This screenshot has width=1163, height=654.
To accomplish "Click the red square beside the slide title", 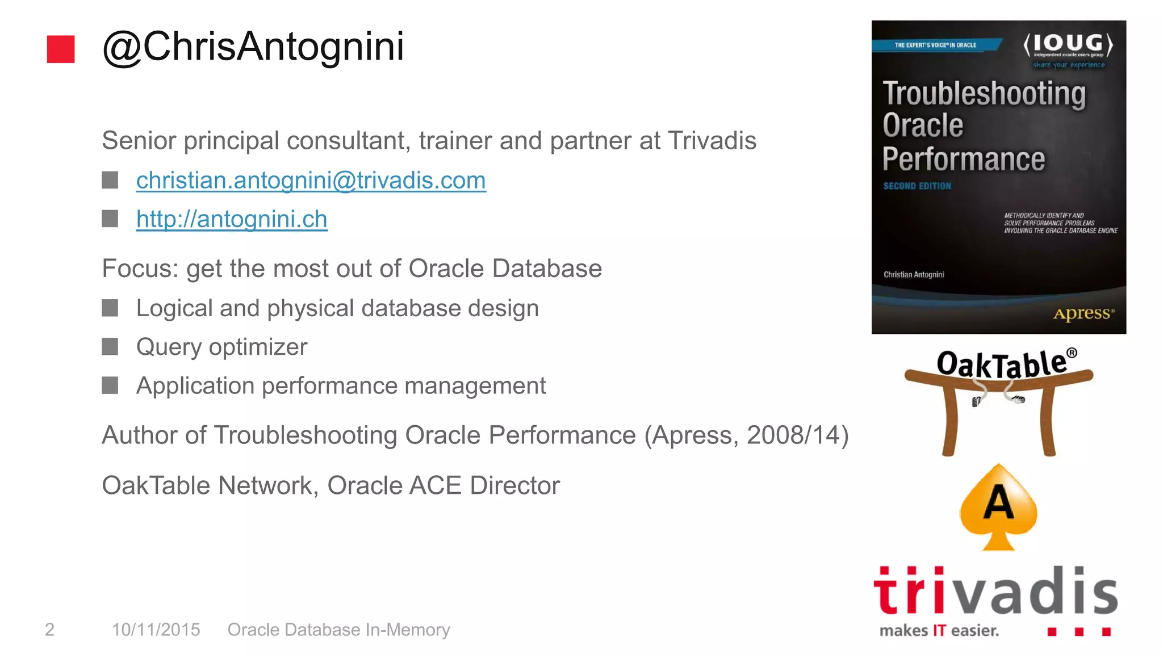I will (x=61, y=49).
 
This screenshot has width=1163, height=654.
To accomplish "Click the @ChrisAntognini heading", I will (x=253, y=47).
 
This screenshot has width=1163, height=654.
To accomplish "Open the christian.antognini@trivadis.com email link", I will (x=311, y=181).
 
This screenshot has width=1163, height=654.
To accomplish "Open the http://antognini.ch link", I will (x=232, y=219).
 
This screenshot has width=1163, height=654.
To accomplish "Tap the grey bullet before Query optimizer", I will (x=110, y=346).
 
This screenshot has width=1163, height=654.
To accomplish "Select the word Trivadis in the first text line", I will (x=712, y=141).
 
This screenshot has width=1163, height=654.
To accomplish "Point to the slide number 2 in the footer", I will (x=50, y=630).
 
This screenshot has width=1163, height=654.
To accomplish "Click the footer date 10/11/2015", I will (x=156, y=630).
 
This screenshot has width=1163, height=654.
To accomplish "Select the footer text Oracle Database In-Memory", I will (x=338, y=630).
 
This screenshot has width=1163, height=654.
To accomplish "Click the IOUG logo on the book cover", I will (x=1068, y=45).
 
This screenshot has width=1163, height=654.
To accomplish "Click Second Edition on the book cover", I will (x=917, y=186).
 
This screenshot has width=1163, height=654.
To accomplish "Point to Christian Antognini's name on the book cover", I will (x=914, y=275).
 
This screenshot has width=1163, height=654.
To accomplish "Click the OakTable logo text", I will (x=1002, y=363).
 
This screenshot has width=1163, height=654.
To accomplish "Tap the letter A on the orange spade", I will (x=998, y=503).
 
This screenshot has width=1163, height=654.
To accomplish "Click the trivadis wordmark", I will (x=995, y=592).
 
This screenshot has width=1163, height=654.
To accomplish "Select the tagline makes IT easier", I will (x=939, y=631).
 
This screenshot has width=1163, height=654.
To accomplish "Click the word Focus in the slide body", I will (x=139, y=269).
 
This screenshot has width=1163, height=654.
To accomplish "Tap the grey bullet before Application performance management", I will (x=110, y=385).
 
